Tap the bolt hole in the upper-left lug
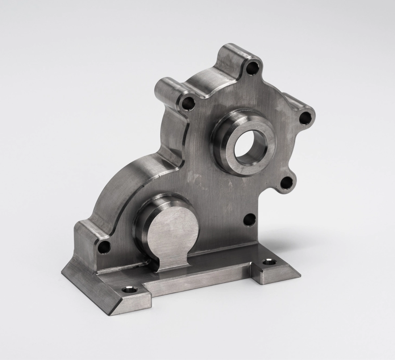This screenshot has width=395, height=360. click(189, 103)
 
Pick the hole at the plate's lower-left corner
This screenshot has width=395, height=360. click(105, 245)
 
